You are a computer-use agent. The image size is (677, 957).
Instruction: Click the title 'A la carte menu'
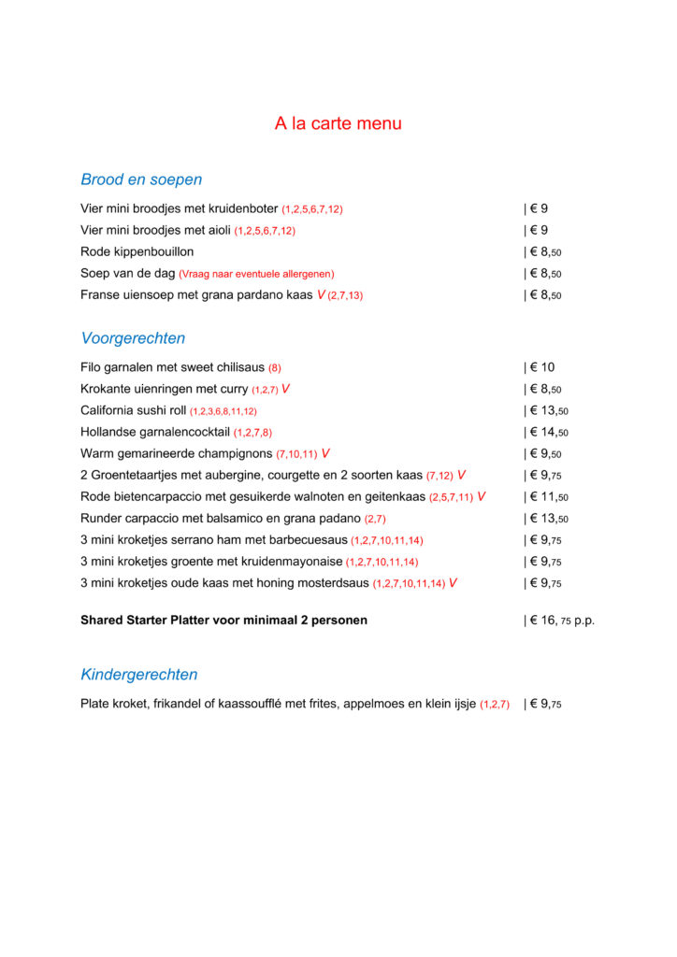338,123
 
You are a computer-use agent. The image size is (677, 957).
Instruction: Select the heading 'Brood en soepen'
141,179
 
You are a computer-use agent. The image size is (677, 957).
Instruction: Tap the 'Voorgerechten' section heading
133,338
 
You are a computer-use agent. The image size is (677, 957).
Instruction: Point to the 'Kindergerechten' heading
139,675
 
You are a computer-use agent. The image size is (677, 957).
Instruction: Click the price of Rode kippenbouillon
543,252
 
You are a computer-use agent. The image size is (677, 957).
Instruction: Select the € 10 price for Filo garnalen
540,368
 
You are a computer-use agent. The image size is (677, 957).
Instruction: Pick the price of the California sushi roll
547,411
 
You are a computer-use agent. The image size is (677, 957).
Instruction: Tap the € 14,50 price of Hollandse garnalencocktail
547,433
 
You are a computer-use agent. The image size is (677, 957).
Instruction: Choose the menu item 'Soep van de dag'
127,274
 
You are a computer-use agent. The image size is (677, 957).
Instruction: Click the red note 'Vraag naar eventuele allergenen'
256,274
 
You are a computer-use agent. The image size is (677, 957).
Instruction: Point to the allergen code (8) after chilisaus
275,368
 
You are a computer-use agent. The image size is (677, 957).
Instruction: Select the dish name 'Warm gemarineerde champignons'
177,454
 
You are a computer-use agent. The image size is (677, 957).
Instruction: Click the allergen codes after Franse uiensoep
345,295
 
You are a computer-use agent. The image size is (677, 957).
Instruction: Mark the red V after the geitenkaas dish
481,497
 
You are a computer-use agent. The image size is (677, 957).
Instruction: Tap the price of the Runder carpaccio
547,519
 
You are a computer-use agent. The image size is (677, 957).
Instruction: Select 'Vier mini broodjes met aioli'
155,231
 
